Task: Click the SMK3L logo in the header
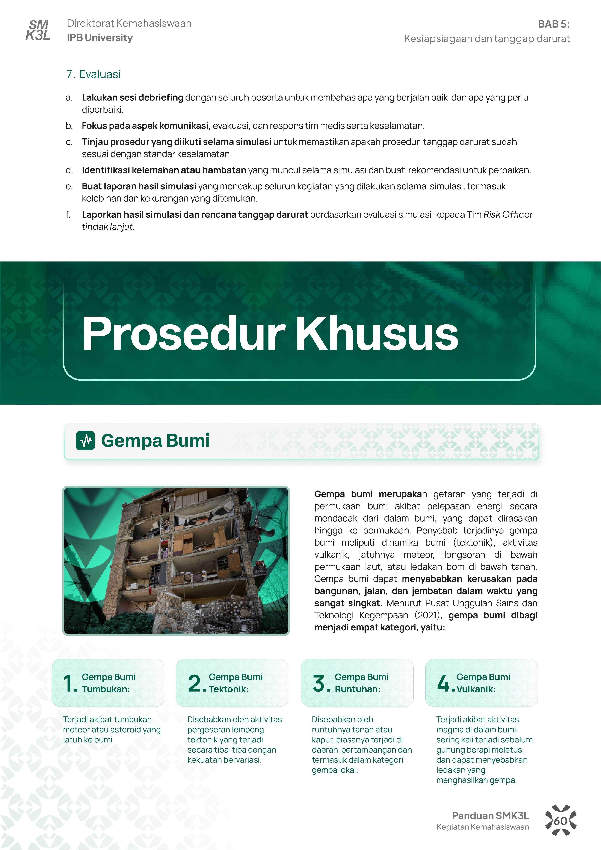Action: point(38,30)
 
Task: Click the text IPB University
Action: point(100,38)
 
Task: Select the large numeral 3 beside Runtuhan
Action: point(319,683)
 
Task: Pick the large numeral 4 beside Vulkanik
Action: point(444,683)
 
